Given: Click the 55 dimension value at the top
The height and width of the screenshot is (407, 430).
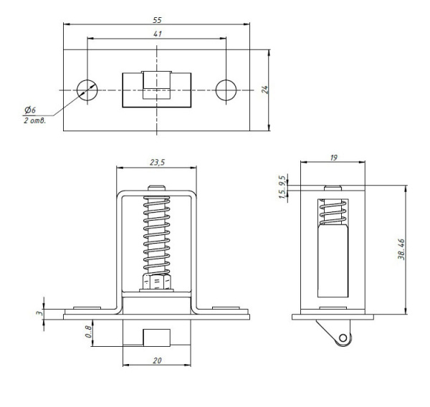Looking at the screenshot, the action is pyautogui.click(x=157, y=20).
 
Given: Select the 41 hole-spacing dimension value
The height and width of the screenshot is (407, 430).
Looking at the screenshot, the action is pyautogui.click(x=158, y=34).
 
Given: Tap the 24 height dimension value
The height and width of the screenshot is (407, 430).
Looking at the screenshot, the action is pyautogui.click(x=265, y=90).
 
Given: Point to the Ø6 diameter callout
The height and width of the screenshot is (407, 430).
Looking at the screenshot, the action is pyautogui.click(x=30, y=110).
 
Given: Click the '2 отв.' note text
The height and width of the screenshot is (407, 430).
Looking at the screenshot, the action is pyautogui.click(x=34, y=120).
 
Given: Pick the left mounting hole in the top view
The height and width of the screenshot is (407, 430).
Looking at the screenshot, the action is pyautogui.click(x=87, y=90).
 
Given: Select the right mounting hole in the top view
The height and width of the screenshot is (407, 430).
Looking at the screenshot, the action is pyautogui.click(x=226, y=90).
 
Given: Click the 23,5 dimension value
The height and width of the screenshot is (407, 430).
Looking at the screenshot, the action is pyautogui.click(x=157, y=163).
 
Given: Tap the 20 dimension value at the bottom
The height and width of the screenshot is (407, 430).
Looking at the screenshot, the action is pyautogui.click(x=157, y=360).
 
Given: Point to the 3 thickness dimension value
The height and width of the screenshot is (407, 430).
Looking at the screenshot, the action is pyautogui.click(x=40, y=312).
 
